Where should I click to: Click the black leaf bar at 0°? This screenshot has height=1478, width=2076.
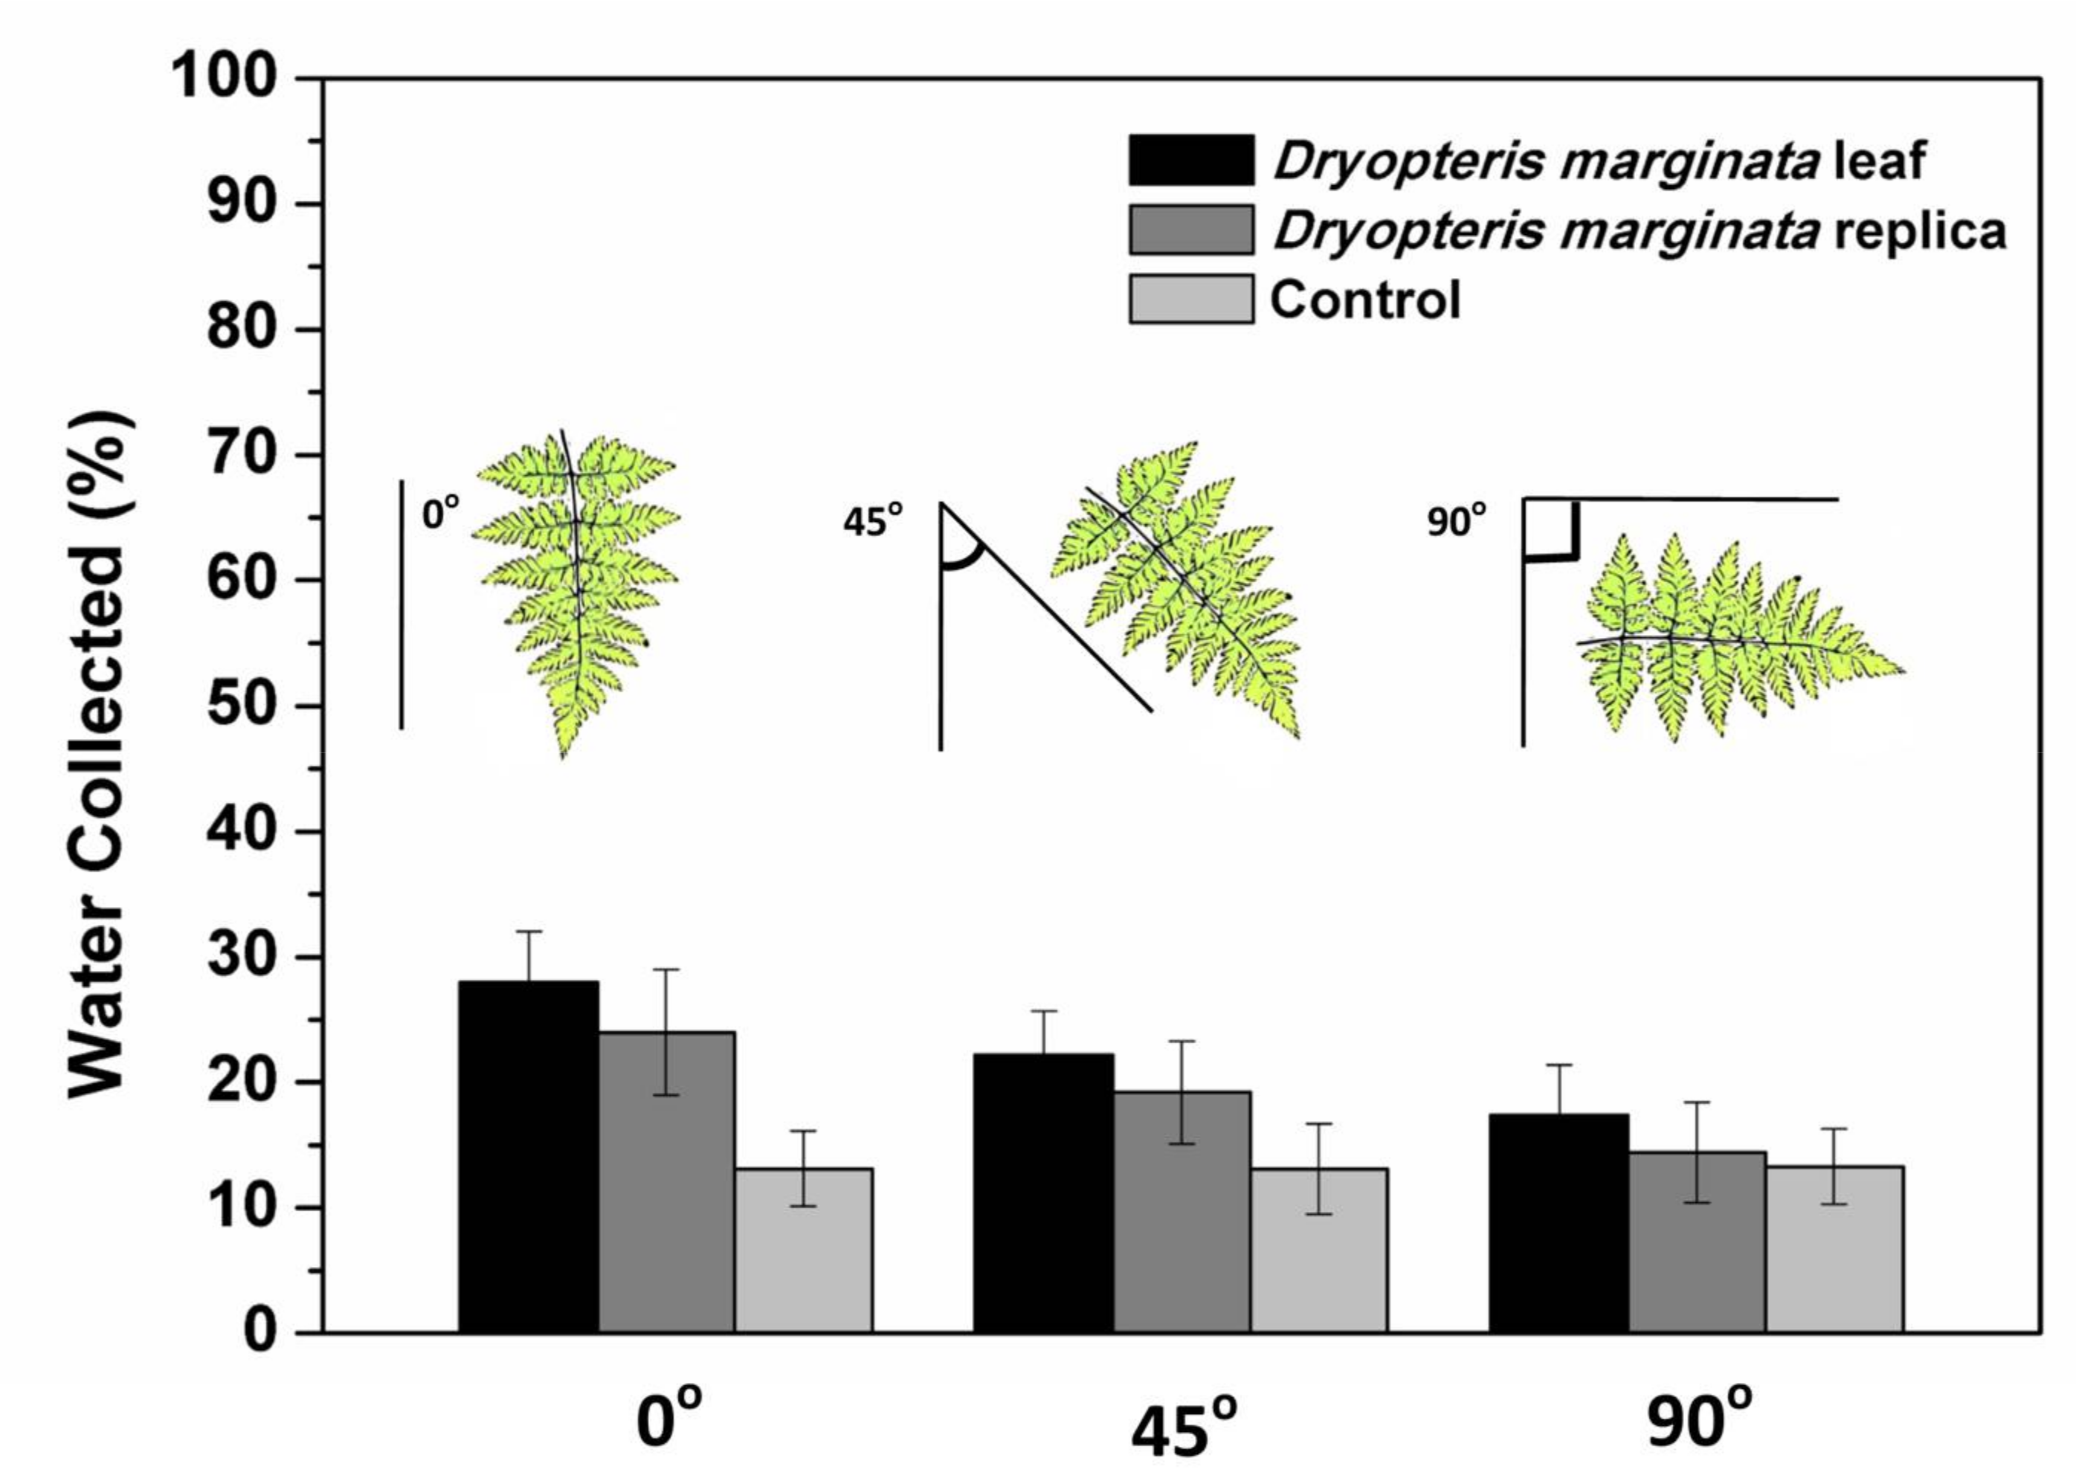point(528,1156)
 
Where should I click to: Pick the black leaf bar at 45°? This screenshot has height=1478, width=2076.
point(1043,1193)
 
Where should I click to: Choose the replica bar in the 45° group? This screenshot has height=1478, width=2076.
point(1182,1211)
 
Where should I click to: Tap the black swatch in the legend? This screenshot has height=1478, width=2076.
point(1190,160)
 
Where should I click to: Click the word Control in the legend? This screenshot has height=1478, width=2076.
point(1364,300)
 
